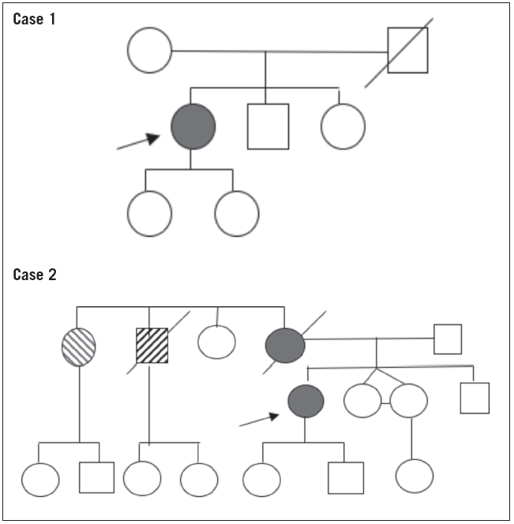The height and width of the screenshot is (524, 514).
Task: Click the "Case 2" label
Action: click(x=35, y=275)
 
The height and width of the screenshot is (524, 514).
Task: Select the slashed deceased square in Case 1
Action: click(x=407, y=51)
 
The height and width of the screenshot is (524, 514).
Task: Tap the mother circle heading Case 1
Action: click(x=149, y=51)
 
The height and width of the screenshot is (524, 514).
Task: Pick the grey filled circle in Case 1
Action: click(x=193, y=126)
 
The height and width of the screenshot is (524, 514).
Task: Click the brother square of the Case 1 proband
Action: click(x=268, y=126)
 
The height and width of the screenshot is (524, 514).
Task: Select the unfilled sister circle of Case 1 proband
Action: click(x=343, y=126)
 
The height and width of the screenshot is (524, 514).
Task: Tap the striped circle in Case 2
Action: click(x=79, y=346)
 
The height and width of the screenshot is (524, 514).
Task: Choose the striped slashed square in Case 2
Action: click(x=152, y=346)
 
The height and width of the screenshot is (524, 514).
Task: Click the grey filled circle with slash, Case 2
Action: click(x=284, y=346)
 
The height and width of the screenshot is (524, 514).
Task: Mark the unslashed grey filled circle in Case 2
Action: click(x=306, y=401)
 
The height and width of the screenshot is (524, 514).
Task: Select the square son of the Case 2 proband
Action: click(x=346, y=477)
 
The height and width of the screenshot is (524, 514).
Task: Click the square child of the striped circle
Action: click(x=96, y=477)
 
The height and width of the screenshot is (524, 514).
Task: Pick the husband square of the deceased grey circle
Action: click(x=448, y=339)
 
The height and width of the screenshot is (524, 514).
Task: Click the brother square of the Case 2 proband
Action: click(x=475, y=398)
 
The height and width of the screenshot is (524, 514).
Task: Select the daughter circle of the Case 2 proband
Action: click(x=262, y=478)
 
